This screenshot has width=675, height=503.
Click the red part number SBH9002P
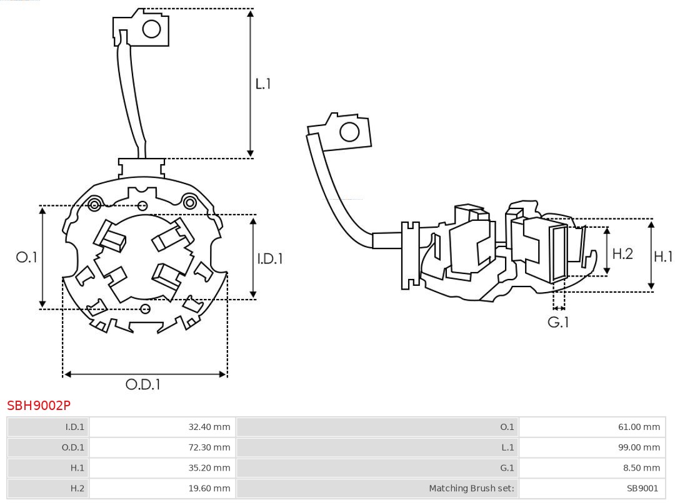[x=39, y=406]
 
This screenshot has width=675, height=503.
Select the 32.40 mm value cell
[x=209, y=427]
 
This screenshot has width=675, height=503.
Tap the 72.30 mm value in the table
[x=209, y=447]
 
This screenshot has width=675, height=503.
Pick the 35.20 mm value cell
[x=209, y=467]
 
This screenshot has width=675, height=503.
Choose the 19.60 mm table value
[x=209, y=488]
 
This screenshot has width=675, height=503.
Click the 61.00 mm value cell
[x=639, y=427]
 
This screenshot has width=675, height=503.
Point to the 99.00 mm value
[x=639, y=447]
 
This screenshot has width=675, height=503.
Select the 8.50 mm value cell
[x=641, y=467]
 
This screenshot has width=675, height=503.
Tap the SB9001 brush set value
[x=642, y=488]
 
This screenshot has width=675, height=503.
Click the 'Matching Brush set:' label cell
[x=471, y=488]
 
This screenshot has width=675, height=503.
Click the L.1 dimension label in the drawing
[x=263, y=83]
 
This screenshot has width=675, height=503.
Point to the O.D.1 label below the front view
[x=143, y=384]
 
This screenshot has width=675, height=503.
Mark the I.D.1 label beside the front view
[x=270, y=258]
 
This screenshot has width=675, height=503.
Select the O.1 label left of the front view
[x=27, y=256]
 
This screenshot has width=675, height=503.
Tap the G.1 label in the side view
[x=558, y=322]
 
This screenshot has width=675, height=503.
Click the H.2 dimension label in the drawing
[x=622, y=253]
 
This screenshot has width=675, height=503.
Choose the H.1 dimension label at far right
[x=663, y=256]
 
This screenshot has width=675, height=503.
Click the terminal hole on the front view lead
[x=152, y=29]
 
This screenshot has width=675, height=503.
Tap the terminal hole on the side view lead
[x=349, y=132]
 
